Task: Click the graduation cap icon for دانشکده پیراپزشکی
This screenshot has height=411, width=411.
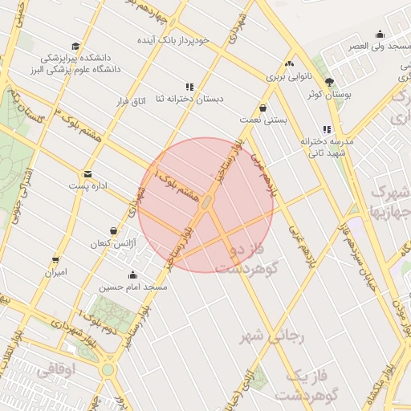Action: tap(75, 47)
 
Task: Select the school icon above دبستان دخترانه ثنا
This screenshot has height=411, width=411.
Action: tap(189, 87)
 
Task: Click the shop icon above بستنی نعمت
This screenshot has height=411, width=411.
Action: tap(262, 108)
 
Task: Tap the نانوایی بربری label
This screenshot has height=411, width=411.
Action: tap(287, 78)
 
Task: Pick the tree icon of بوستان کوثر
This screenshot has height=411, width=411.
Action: tap(329, 83)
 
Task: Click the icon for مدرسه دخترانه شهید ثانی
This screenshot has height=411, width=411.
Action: tap(326, 129)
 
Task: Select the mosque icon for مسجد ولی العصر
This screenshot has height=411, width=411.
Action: tap(380, 35)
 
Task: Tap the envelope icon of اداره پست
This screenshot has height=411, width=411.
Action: tap(87, 173)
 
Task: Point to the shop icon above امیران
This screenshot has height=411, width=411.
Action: tap(55, 260)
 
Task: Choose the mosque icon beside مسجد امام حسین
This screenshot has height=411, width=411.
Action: tap(132, 275)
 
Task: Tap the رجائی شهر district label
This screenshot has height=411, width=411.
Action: tap(274, 337)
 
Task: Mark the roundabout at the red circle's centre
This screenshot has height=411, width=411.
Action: tap(205, 204)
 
